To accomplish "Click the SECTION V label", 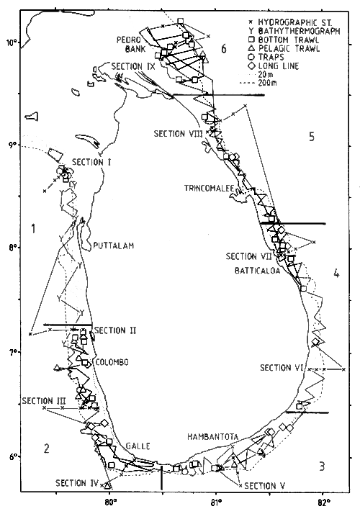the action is pyautogui.click(x=265, y=486).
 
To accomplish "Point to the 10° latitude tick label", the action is pyautogui.click(x=12, y=42).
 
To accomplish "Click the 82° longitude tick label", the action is pyautogui.click(x=323, y=502).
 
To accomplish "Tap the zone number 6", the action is pyautogui.click(x=224, y=49).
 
